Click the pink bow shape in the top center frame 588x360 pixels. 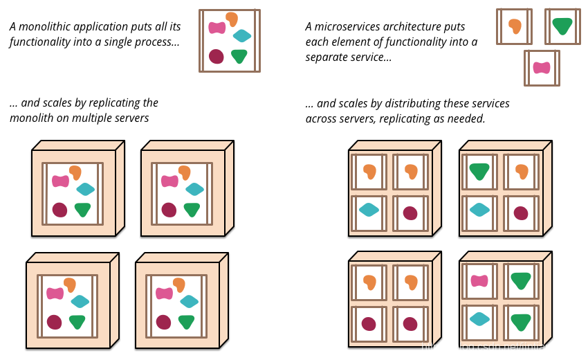click(217, 28)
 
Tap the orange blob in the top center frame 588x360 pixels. click(232, 19)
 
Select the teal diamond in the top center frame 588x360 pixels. click(242, 35)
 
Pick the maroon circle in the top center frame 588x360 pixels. click(217, 56)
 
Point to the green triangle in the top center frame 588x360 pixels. click(239, 56)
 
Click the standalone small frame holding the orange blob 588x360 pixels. click(514, 26)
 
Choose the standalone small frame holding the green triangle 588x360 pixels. click(562, 26)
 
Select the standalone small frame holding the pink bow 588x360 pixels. click(542, 68)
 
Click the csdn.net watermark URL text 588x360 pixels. click(501, 347)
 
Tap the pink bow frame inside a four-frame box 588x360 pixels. click(479, 281)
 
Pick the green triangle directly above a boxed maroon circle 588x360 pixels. click(479, 172)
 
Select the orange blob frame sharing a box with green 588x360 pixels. click(521, 172)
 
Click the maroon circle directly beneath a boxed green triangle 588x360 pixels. click(521, 213)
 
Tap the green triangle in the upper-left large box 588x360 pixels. click(82, 209)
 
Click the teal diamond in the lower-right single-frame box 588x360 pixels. click(189, 301)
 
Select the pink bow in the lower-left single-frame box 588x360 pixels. click(55, 293)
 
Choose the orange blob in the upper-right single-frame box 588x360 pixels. click(185, 172)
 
